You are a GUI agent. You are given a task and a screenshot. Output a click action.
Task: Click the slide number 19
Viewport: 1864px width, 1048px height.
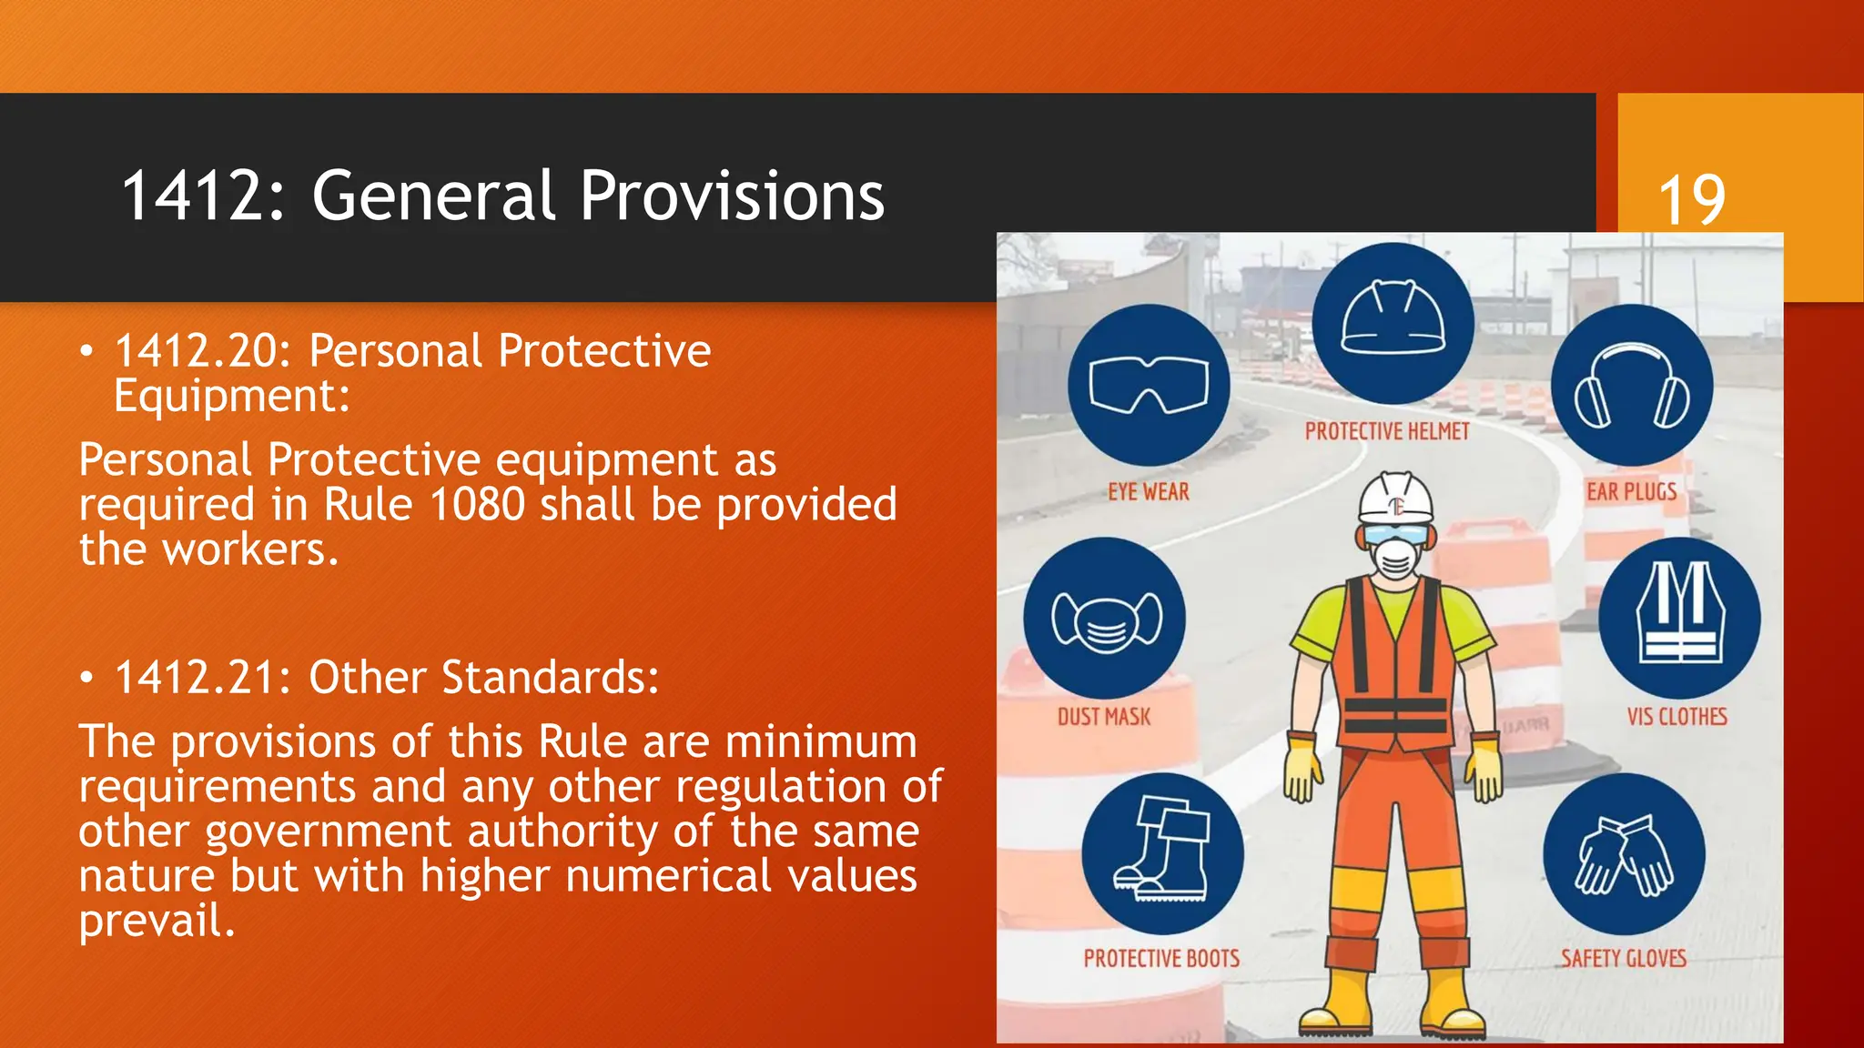click(x=1691, y=200)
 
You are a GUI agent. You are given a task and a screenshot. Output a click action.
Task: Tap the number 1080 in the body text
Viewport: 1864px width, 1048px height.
click(x=476, y=505)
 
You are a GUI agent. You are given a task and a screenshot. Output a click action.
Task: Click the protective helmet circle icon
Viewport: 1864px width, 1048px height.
click(x=1393, y=324)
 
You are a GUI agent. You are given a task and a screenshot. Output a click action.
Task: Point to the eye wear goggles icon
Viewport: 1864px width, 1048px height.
click(x=1149, y=386)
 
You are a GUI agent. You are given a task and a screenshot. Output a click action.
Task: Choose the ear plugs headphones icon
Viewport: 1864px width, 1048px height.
click(x=1632, y=386)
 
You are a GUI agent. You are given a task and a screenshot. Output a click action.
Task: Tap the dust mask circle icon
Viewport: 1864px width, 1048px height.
click(x=1105, y=619)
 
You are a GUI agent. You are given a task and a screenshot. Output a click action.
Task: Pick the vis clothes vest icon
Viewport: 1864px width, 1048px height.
click(x=1679, y=619)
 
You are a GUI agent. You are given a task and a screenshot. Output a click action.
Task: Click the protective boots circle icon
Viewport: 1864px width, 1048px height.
click(x=1162, y=853)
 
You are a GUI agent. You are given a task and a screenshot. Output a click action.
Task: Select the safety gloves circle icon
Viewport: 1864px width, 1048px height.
click(x=1624, y=853)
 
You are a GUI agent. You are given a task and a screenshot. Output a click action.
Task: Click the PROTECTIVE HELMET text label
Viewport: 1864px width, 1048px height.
click(x=1387, y=431)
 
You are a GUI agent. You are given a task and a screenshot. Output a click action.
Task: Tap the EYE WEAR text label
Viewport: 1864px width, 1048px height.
click(x=1149, y=492)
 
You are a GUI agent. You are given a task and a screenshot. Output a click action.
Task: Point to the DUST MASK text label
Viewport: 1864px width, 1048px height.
click(x=1104, y=717)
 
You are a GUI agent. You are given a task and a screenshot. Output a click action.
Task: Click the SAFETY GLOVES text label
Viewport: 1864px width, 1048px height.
click(x=1624, y=958)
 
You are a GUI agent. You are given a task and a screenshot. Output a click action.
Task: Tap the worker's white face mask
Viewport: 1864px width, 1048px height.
click(x=1395, y=557)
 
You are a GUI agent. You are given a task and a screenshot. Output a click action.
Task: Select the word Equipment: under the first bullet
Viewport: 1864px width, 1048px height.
click(x=232, y=397)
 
